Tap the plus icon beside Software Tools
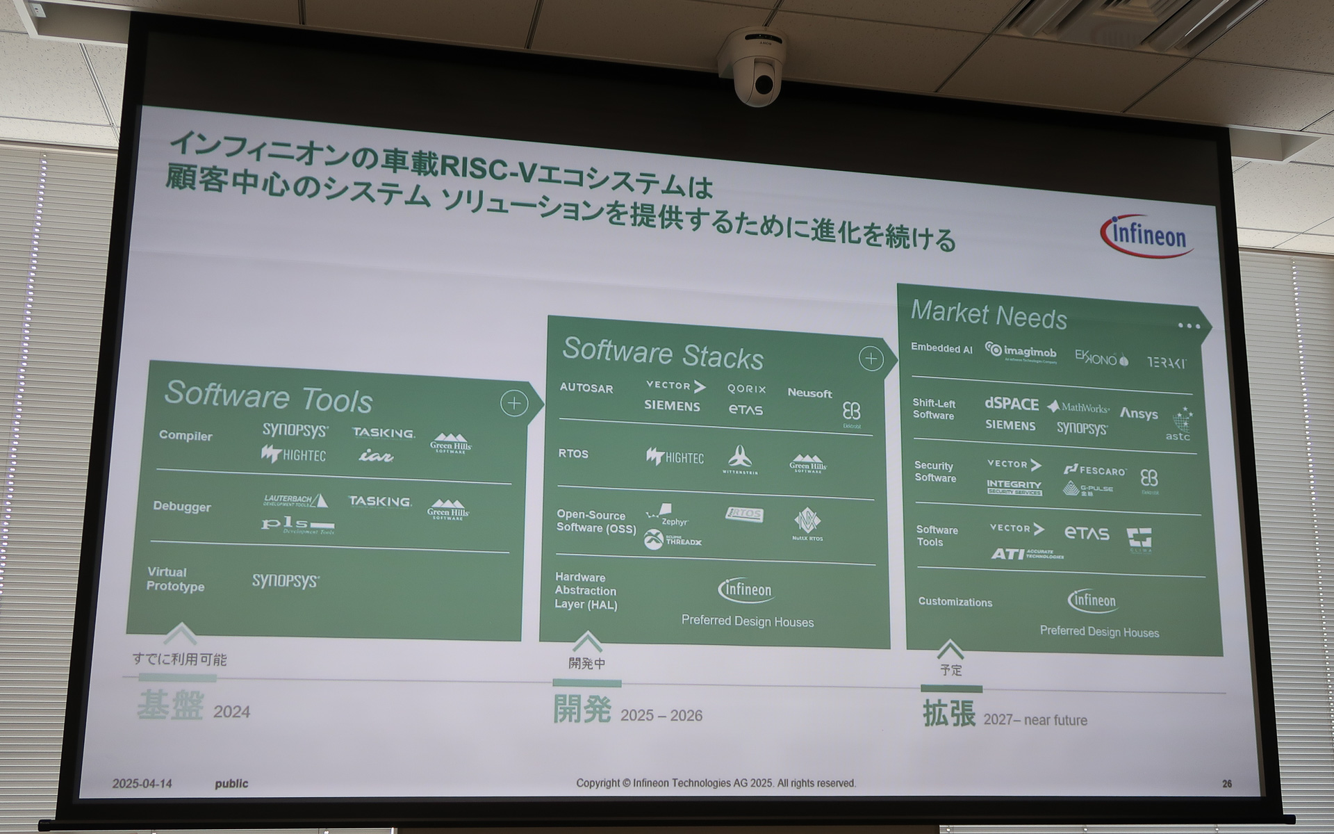pyautogui.click(x=514, y=403)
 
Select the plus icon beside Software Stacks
pyautogui.click(x=871, y=358)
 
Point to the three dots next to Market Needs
pyautogui.click(x=1189, y=325)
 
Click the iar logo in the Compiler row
pyautogui.click(x=376, y=456)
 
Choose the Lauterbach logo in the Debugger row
pyautogui.click(x=295, y=500)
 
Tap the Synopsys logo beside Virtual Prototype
pyautogui.click(x=286, y=580)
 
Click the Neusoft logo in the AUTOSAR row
pyautogui.click(x=809, y=393)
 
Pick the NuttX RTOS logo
pyautogui.click(x=807, y=524)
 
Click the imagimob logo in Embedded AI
pyautogui.click(x=1021, y=352)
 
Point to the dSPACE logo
pyautogui.click(x=1011, y=404)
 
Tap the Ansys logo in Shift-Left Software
pyautogui.click(x=1139, y=414)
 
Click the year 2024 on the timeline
pyautogui.click(x=231, y=712)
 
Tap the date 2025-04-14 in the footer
pyautogui.click(x=142, y=783)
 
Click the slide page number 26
pyautogui.click(x=1227, y=784)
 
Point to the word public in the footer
pyautogui.click(x=231, y=783)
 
